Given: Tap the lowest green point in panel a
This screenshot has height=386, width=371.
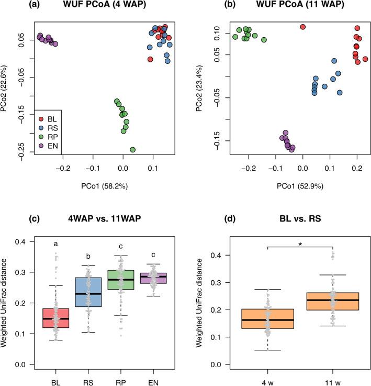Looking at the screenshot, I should coord(132,150).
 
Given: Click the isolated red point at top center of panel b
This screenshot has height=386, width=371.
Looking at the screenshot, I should coord(302,27).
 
